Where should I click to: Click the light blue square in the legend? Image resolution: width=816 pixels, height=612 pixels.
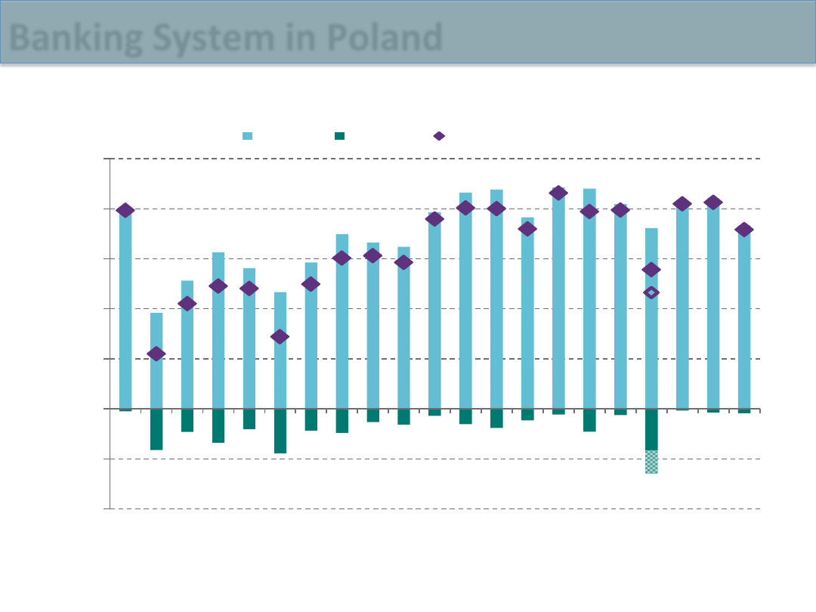(247, 136)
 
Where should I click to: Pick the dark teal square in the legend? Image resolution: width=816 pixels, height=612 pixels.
(340, 136)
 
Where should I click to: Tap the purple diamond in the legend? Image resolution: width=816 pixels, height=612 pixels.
(439, 136)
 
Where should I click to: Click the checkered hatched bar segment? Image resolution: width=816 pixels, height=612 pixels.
(651, 462)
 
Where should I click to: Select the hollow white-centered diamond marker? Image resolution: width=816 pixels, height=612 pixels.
(651, 292)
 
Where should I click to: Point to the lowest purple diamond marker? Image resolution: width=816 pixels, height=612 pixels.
(156, 354)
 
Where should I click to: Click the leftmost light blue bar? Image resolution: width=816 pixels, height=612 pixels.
(125, 310)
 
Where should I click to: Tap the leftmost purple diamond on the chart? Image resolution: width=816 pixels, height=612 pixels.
(125, 210)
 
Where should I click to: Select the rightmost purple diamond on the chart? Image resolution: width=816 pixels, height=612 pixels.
(744, 230)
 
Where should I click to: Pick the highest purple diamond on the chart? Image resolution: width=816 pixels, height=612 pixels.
(558, 193)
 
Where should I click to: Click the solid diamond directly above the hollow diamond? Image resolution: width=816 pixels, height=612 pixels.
(651, 270)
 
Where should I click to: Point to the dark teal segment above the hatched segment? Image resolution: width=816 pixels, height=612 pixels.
(651, 429)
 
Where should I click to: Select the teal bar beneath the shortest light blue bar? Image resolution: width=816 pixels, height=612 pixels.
(156, 429)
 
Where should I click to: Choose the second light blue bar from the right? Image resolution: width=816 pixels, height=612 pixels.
(713, 306)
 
